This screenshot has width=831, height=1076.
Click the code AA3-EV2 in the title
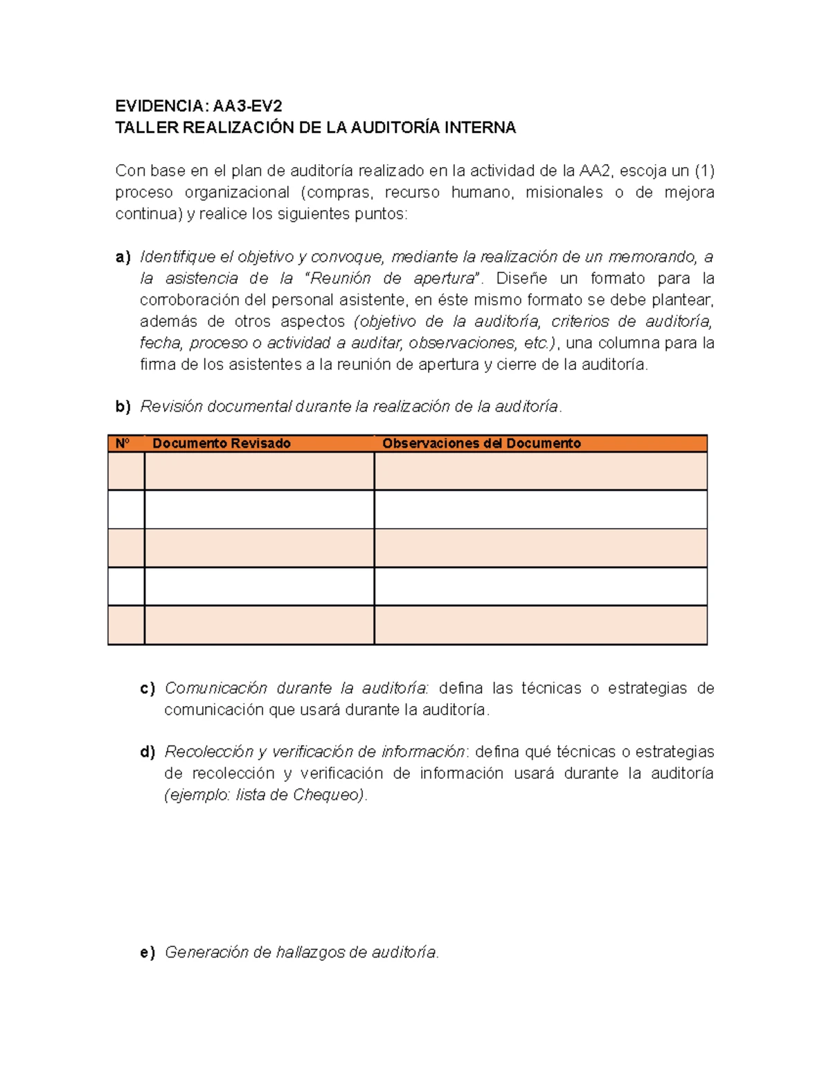click(x=247, y=106)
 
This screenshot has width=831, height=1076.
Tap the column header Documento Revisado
click(x=221, y=443)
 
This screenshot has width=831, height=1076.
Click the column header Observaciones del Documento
click(x=481, y=443)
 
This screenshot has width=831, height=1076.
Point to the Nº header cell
click(x=123, y=443)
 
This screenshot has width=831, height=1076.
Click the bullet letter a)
click(x=123, y=257)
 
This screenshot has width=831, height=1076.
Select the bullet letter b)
click(x=123, y=407)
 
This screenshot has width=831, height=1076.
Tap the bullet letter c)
click(x=148, y=688)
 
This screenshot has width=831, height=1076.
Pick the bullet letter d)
click(x=148, y=752)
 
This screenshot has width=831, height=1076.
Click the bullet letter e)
click(x=148, y=953)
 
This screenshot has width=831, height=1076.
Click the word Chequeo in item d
click(x=327, y=795)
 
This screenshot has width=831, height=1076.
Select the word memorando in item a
click(x=650, y=257)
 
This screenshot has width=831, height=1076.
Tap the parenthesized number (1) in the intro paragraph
click(x=704, y=171)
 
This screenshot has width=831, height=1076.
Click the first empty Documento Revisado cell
click(x=259, y=471)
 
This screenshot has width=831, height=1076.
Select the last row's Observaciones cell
click(x=540, y=625)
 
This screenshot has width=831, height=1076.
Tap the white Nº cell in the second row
click(x=126, y=509)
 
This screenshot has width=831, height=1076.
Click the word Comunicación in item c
click(x=215, y=688)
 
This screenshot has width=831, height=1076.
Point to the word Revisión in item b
click(x=171, y=407)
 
